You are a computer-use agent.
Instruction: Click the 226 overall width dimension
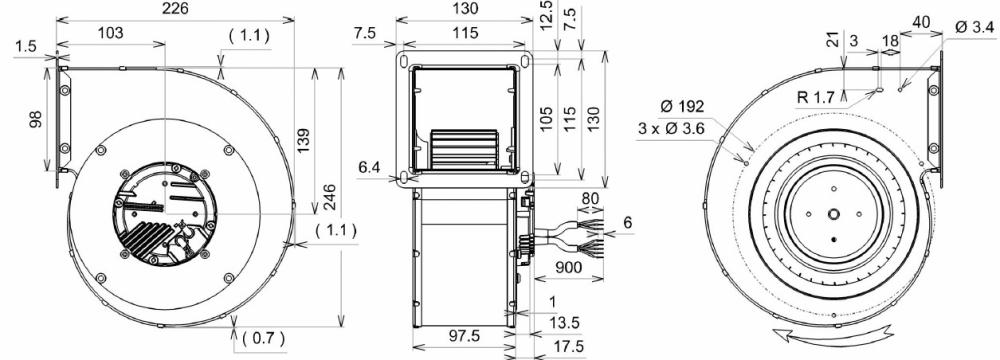175,9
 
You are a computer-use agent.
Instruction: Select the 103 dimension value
111,33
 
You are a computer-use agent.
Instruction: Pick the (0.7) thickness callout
257,337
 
